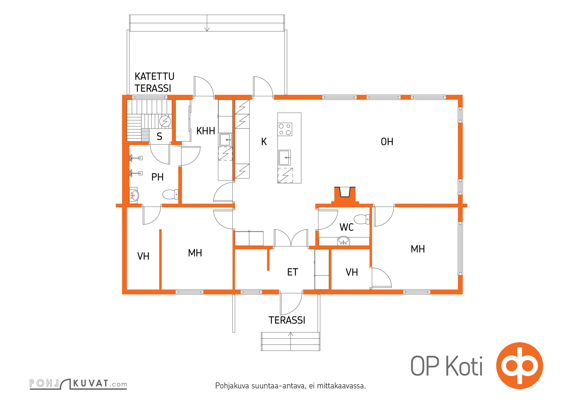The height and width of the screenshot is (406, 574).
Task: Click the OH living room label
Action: click(387, 142)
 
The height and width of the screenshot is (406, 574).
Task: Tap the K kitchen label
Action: click(264, 142)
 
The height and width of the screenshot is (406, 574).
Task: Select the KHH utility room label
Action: click(206, 131)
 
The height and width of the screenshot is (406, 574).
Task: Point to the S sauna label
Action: click(159, 136)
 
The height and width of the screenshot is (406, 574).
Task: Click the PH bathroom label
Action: click(157, 177)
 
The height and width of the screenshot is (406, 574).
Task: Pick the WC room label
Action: click(346, 227)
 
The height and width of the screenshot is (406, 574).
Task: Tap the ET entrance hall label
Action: click(292, 272)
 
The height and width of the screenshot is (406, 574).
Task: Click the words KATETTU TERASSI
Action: click(154, 82)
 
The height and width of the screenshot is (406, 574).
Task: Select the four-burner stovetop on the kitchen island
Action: click(285, 129)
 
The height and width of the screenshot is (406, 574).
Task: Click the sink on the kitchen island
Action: click(285, 158)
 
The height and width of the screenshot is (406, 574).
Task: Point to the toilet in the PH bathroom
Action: click(170, 194)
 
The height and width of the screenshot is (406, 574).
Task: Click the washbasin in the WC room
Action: click(343, 241)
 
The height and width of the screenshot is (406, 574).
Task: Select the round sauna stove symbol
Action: click(165, 121)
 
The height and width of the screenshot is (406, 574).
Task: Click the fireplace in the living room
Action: click(345, 195)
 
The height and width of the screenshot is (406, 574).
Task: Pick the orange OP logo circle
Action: click(519, 366)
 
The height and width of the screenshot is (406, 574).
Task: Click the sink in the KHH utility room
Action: click(226, 140)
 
